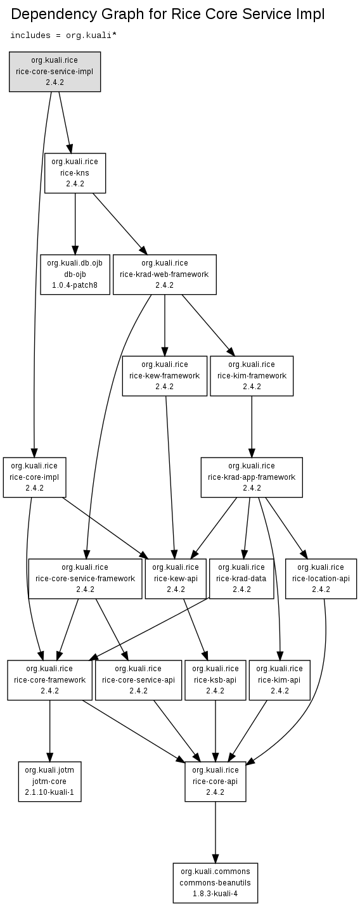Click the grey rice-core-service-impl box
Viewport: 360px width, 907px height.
55,72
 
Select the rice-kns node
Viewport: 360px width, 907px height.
75,173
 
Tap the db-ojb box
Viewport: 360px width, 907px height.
75,274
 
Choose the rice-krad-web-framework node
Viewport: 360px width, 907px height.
164,274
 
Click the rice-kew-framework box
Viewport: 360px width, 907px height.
164,376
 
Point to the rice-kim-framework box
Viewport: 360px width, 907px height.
252,376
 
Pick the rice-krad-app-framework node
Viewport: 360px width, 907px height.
252,477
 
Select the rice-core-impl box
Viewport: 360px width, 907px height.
34,477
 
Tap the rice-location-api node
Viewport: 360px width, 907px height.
321,579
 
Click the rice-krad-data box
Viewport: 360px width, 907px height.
241,579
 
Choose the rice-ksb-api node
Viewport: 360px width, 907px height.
215,680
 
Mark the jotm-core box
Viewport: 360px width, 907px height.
49,782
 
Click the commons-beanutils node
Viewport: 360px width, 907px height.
215,883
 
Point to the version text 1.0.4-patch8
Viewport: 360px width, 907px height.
75,285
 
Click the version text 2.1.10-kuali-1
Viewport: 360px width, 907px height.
49,792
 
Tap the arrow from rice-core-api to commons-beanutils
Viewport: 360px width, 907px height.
215,832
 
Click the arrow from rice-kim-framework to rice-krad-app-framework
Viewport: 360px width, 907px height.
252,427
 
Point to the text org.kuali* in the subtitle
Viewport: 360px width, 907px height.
91,35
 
